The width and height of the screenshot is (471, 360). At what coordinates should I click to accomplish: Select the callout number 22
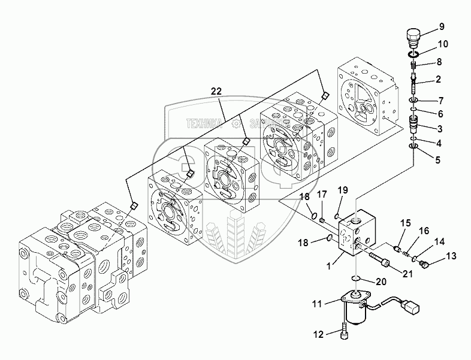tap(216, 91)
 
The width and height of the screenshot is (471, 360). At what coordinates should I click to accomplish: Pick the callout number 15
tap(404, 223)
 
